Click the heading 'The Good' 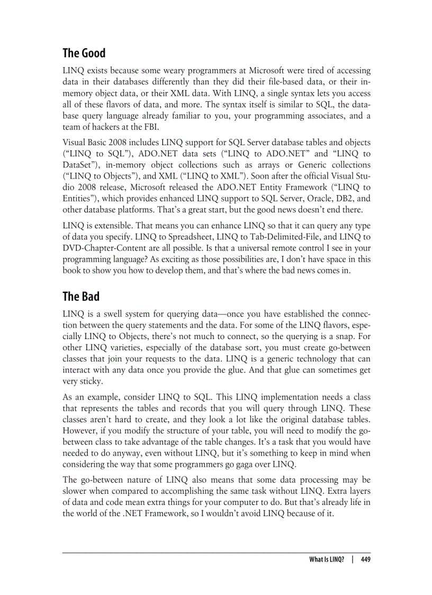[x=84, y=53]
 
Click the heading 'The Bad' [x=80, y=296]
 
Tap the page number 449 [x=365, y=560]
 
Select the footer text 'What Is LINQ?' [x=327, y=560]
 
